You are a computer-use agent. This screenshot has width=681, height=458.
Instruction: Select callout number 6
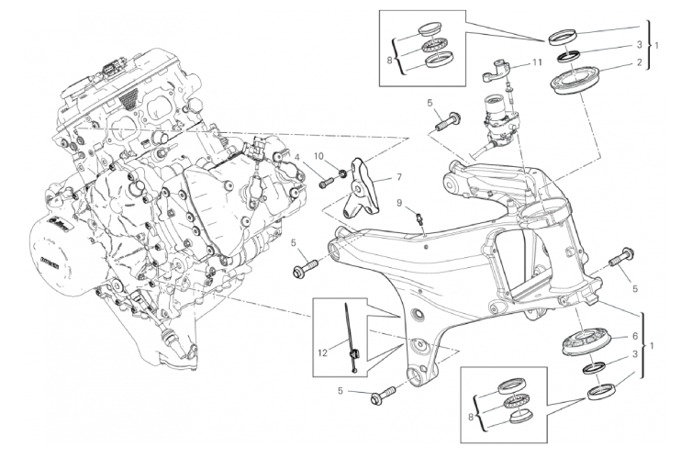(634, 337)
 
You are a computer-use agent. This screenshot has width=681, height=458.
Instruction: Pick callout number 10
(320, 157)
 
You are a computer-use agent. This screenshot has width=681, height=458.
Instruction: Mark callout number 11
(540, 64)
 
